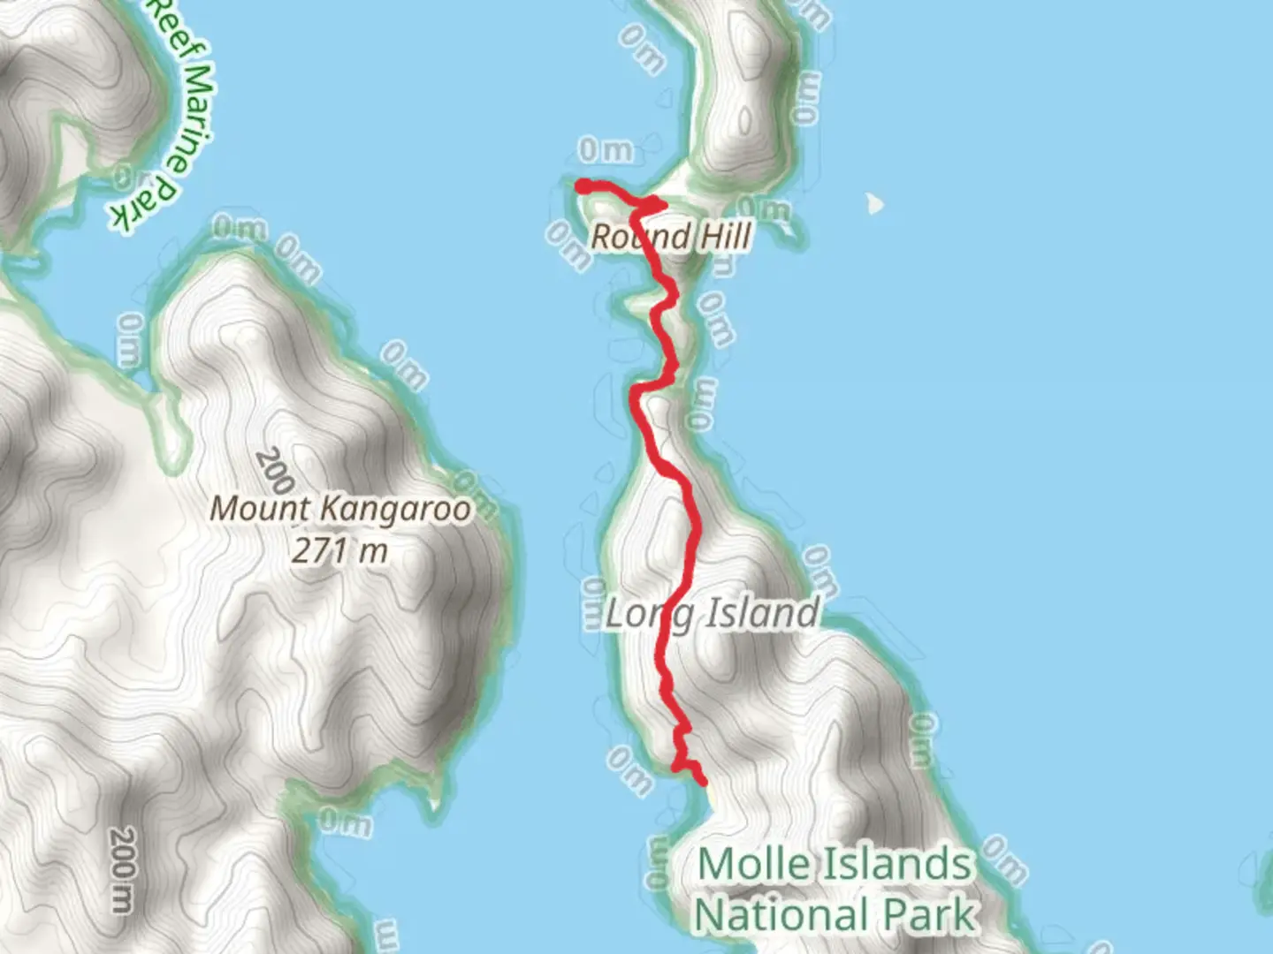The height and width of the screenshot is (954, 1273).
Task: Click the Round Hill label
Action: (671, 237)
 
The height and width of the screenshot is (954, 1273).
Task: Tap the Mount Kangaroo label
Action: (340, 509)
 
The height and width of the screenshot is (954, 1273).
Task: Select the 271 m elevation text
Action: (340, 551)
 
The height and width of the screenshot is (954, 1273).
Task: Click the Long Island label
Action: (712, 613)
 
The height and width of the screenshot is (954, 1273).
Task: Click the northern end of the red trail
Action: (583, 185)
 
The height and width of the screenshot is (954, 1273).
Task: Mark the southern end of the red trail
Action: (703, 781)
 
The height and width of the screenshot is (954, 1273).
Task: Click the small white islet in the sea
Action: (874, 204)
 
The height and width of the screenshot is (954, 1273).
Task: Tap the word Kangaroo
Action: (394, 509)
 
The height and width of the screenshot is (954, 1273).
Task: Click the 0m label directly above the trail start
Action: (606, 151)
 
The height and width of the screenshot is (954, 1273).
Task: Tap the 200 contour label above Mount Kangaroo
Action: (274, 471)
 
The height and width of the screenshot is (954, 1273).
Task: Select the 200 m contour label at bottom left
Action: (123, 870)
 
